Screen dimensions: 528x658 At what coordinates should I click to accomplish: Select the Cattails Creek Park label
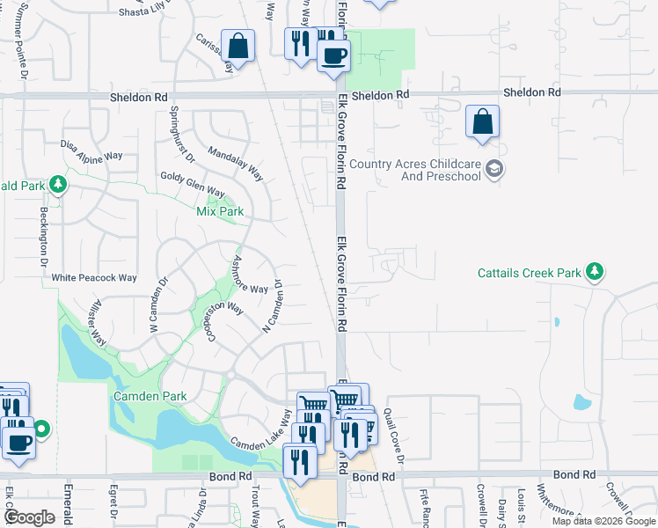[x=530, y=273]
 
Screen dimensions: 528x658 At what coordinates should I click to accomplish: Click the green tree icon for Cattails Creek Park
[x=596, y=272]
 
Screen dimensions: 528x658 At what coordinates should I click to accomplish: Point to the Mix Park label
[x=219, y=212]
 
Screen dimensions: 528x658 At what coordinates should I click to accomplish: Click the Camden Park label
[x=150, y=396]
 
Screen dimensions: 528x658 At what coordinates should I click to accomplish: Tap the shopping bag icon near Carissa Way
[x=238, y=46]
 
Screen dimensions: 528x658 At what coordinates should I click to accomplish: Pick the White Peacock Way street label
[x=94, y=278]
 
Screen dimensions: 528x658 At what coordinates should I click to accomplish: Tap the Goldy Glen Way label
[x=193, y=185]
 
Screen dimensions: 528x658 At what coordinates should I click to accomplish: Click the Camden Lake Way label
[x=260, y=432]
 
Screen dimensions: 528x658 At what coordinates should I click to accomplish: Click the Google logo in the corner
[x=30, y=517]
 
